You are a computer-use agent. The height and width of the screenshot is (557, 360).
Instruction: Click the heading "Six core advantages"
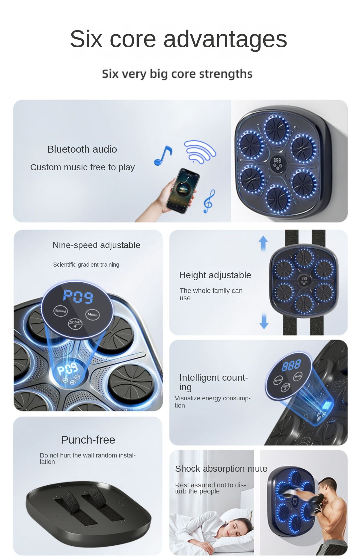click(x=178, y=39)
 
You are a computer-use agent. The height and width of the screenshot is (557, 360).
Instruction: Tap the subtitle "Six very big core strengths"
click(x=177, y=74)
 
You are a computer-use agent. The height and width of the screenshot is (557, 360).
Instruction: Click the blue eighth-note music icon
click(x=163, y=156)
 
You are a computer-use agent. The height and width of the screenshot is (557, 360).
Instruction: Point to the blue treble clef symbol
click(x=209, y=201)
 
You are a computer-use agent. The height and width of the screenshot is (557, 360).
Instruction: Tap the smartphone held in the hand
click(x=183, y=190)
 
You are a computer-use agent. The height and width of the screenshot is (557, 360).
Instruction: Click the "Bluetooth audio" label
click(x=82, y=149)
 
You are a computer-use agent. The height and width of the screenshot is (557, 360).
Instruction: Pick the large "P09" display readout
click(x=78, y=296)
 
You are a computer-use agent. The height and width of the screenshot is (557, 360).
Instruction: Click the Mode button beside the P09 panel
click(x=93, y=314)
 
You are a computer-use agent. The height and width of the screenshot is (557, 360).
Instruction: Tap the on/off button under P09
click(x=75, y=323)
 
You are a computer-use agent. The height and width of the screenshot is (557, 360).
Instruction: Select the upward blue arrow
click(x=263, y=243)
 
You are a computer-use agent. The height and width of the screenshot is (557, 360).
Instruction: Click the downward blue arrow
click(x=264, y=321)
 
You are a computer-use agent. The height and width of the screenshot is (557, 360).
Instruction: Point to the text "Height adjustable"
click(x=215, y=275)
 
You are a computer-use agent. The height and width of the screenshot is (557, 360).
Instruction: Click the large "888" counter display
click(x=291, y=365)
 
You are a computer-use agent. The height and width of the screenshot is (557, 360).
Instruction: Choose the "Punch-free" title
click(x=88, y=440)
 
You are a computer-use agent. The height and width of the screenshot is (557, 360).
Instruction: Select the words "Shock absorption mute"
click(x=221, y=469)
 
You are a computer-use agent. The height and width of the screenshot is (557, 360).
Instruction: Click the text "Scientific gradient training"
click(x=86, y=265)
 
